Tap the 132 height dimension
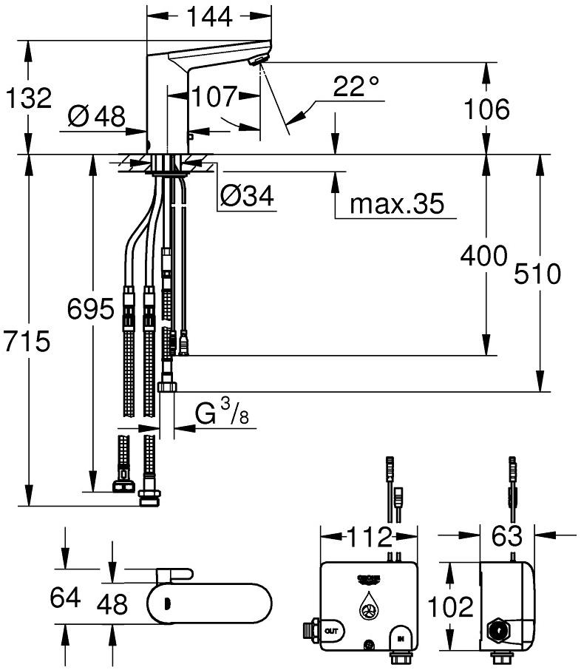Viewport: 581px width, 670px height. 29,98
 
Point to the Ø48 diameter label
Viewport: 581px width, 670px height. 96,116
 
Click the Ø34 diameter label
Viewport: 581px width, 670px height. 247,196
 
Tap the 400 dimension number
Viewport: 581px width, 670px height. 483,256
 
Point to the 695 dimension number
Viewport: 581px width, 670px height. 91,307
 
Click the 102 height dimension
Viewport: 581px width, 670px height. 450,606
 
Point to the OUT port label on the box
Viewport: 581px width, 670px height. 332,630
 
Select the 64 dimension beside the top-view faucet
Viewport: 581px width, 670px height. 64,596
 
